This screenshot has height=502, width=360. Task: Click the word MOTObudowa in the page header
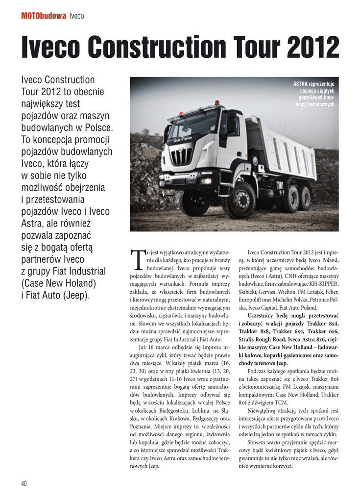click(x=43, y=16)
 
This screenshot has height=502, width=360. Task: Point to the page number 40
click(x=24, y=483)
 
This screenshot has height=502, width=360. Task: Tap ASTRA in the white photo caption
click(x=301, y=84)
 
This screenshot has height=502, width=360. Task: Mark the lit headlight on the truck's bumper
click(x=206, y=181)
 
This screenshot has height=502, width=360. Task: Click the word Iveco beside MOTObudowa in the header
click(x=77, y=16)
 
